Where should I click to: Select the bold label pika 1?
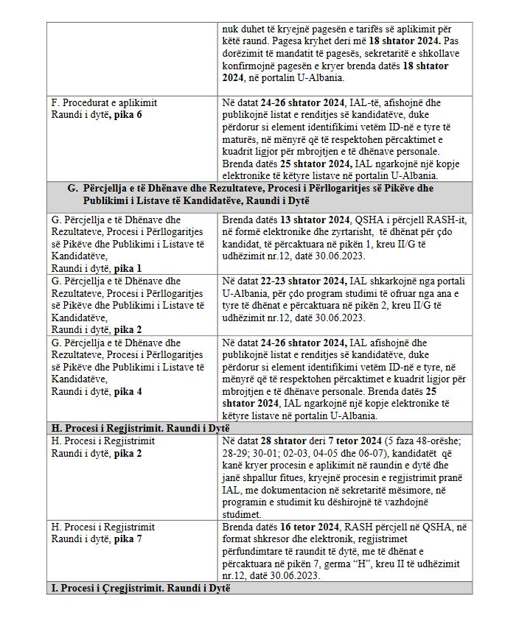(128, 269)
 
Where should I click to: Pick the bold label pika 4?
(128, 391)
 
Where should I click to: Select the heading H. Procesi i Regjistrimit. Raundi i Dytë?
(140, 428)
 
